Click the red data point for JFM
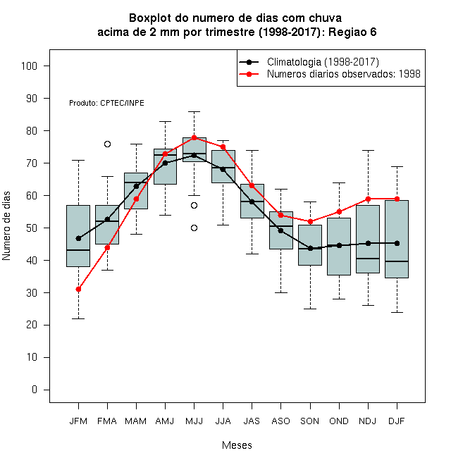click(78, 289)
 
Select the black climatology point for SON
click(310, 249)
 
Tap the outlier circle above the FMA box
click(107, 144)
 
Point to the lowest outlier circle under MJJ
click(194, 228)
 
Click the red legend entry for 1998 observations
click(330, 74)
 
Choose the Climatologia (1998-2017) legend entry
click(309, 62)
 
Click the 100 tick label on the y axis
click(29, 66)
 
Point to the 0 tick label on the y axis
click(35, 390)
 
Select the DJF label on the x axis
click(397, 421)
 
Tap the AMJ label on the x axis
click(165, 421)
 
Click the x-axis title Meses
click(237, 445)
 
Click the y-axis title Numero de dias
click(6, 226)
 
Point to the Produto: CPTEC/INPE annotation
click(106, 103)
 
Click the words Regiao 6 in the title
click(352, 32)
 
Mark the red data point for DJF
click(397, 199)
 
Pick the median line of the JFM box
click(78, 250)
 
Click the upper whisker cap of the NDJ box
click(369, 151)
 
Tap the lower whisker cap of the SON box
click(310, 309)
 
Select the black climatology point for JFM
click(78, 238)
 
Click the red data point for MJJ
click(194, 137)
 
